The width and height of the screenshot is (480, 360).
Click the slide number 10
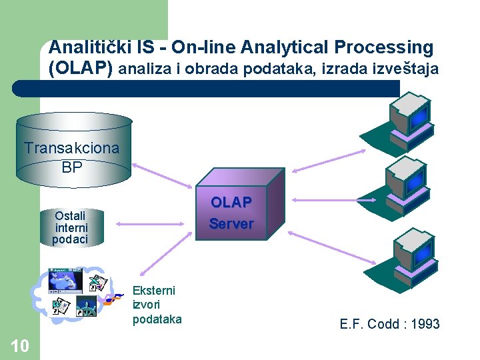point(19,345)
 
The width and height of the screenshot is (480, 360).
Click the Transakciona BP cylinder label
point(72,157)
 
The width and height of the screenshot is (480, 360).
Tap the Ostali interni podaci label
point(71,227)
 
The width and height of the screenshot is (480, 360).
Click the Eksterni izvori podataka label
point(157,305)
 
